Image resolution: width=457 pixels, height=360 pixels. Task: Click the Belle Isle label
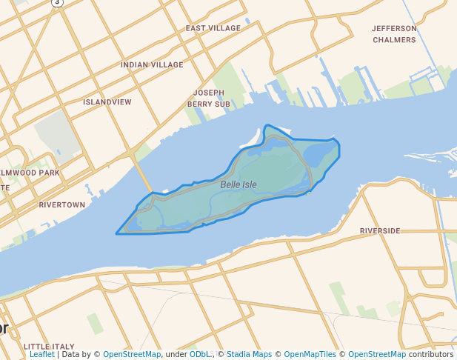[x=238, y=184]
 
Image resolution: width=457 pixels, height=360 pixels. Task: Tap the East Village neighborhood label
[x=213, y=28]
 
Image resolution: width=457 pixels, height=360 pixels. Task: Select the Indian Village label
[x=152, y=65]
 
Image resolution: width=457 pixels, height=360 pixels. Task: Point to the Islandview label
[x=107, y=101]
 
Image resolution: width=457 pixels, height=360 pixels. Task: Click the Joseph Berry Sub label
[x=209, y=99]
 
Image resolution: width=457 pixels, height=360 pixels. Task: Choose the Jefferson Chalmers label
[x=394, y=34]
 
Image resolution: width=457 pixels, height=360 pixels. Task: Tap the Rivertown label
[x=61, y=204]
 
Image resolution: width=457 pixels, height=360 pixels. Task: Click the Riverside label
[x=380, y=231]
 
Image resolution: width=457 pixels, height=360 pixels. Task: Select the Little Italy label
[x=49, y=346]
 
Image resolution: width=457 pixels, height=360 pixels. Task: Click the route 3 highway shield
[x=58, y=2]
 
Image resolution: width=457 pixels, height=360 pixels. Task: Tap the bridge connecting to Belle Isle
[x=143, y=178]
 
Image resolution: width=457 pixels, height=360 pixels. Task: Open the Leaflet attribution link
[x=42, y=355]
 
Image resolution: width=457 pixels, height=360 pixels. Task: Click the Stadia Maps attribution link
[x=247, y=355]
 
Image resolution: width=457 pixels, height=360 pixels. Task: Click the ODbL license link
[x=200, y=355]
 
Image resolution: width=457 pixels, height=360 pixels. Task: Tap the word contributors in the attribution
[x=430, y=355]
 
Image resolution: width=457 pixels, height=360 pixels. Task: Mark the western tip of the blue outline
[x=116, y=234]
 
